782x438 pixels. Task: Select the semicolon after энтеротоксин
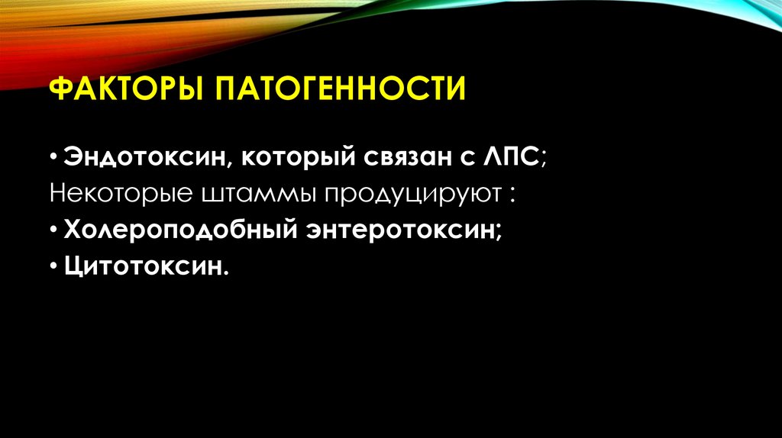pyautogui.click(x=499, y=231)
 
